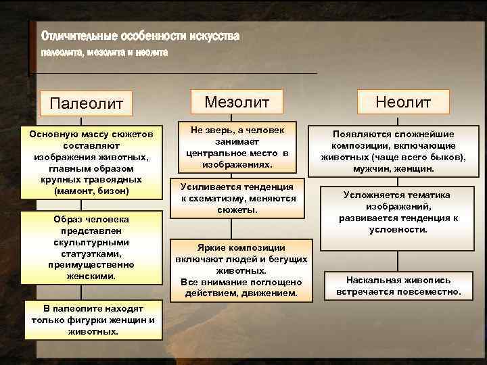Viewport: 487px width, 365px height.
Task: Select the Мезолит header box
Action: tap(237, 102)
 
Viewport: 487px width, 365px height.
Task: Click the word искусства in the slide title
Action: tap(215, 35)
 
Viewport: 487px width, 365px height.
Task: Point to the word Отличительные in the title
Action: tap(78, 35)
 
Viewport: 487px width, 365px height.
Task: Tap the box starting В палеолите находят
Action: tap(93, 320)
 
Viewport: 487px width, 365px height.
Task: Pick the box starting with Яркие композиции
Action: tap(241, 270)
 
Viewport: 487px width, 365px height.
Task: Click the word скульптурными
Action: tap(93, 242)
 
